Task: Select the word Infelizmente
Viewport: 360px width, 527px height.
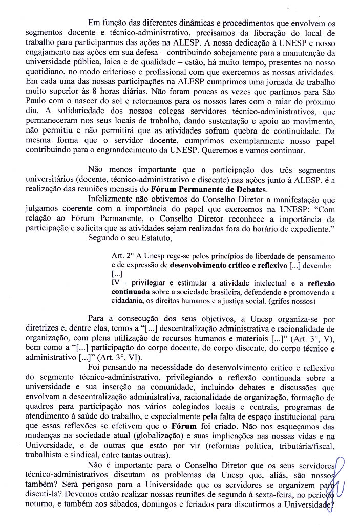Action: [x=112, y=199]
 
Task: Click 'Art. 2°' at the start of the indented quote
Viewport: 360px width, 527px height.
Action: [x=121, y=256]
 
